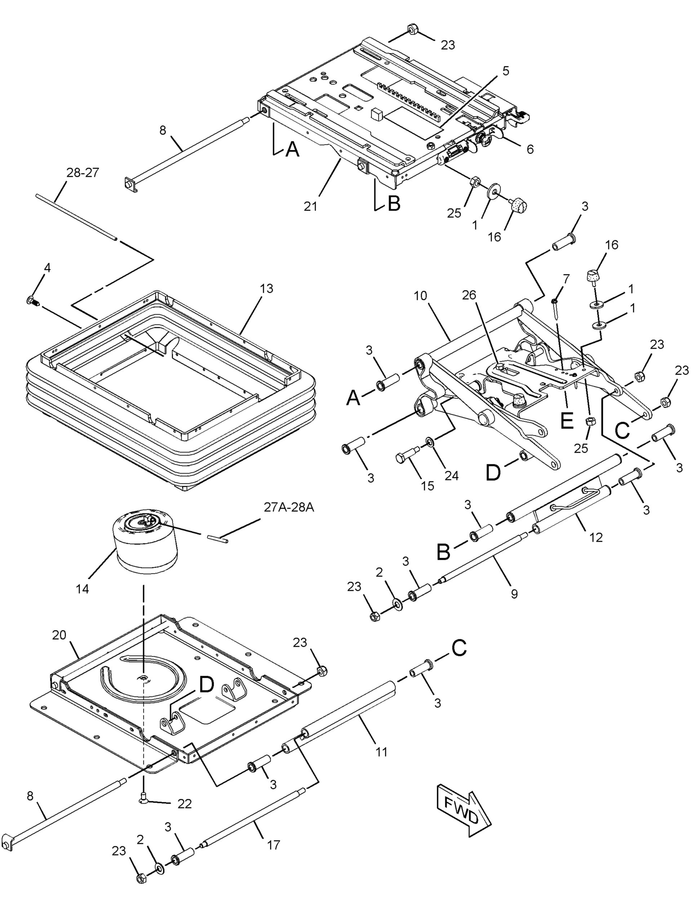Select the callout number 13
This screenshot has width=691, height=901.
(266, 289)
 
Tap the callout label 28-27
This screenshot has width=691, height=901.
(83, 173)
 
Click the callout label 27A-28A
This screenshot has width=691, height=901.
(289, 507)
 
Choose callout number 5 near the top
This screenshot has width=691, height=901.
(505, 71)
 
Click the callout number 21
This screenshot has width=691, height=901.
(311, 206)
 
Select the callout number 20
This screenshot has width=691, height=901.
(59, 635)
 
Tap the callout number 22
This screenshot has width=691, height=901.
(185, 801)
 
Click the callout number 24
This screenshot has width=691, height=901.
(451, 475)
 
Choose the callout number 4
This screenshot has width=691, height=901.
(47, 268)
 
